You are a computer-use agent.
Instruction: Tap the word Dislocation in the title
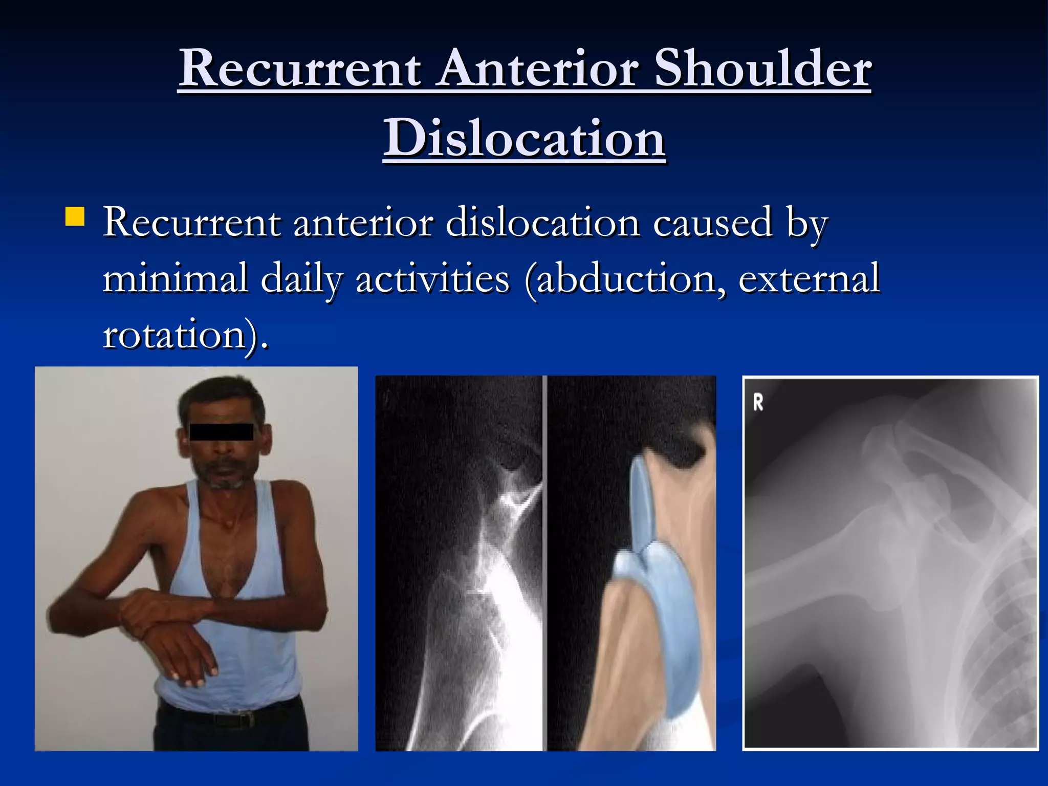pyautogui.click(x=525, y=138)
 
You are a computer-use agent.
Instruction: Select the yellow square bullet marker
pyautogui.click(x=75, y=216)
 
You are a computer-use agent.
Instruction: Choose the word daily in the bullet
pyautogui.click(x=301, y=279)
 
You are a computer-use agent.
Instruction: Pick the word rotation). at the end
pyautogui.click(x=185, y=335)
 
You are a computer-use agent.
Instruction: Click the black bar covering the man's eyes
pyautogui.click(x=221, y=432)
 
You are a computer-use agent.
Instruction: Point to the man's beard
pyautogui.click(x=225, y=478)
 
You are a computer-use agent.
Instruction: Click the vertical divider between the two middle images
pyautogui.click(x=545, y=563)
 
